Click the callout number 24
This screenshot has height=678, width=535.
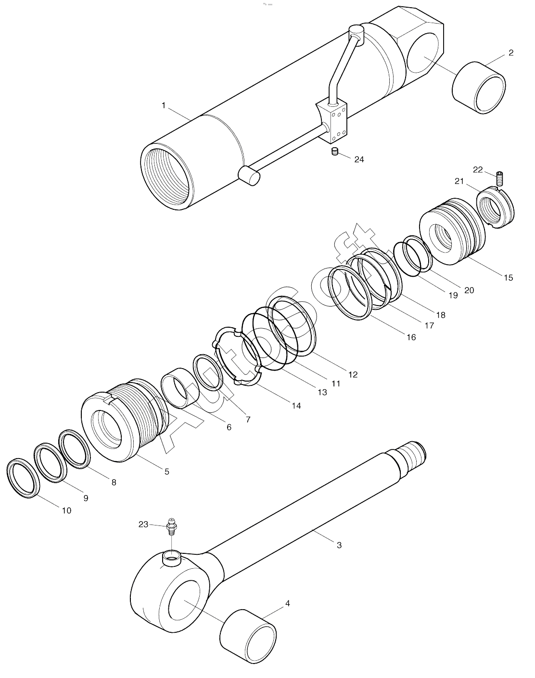click(359, 159)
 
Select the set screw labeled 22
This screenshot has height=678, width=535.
click(500, 179)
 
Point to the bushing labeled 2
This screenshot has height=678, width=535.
click(479, 88)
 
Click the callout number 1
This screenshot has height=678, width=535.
click(164, 105)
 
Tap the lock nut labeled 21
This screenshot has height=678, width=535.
click(496, 208)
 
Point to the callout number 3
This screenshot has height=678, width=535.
click(339, 545)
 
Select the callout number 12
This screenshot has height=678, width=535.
click(353, 374)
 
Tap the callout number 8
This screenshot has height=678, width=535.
click(114, 482)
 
